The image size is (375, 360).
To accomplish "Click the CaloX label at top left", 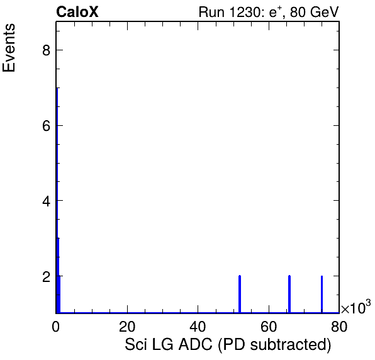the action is coord(77,12).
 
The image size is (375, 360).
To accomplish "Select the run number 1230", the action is coord(245,12).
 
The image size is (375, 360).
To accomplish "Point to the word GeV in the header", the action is coord(325,12).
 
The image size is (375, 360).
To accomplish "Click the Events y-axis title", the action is coord(9,48).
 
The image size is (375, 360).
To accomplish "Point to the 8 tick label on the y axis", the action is coord(47,50).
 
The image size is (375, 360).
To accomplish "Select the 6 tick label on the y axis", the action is coord(47,125).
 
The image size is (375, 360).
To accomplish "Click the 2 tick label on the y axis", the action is coord(47,276).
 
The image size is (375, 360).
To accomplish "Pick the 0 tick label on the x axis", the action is coord(56,326).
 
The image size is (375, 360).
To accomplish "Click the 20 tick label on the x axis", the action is coord(127,326).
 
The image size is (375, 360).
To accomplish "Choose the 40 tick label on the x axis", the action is coord(198,326).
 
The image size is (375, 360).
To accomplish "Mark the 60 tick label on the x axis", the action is coord(269,326).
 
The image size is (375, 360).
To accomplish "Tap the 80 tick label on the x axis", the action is coord(339,326).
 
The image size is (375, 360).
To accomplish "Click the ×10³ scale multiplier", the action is coord(356,307).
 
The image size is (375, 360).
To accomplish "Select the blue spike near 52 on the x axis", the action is coord(240,294).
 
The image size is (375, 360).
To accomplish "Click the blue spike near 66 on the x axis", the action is coord(289,294).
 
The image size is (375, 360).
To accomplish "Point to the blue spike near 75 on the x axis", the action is coord(322,294).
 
